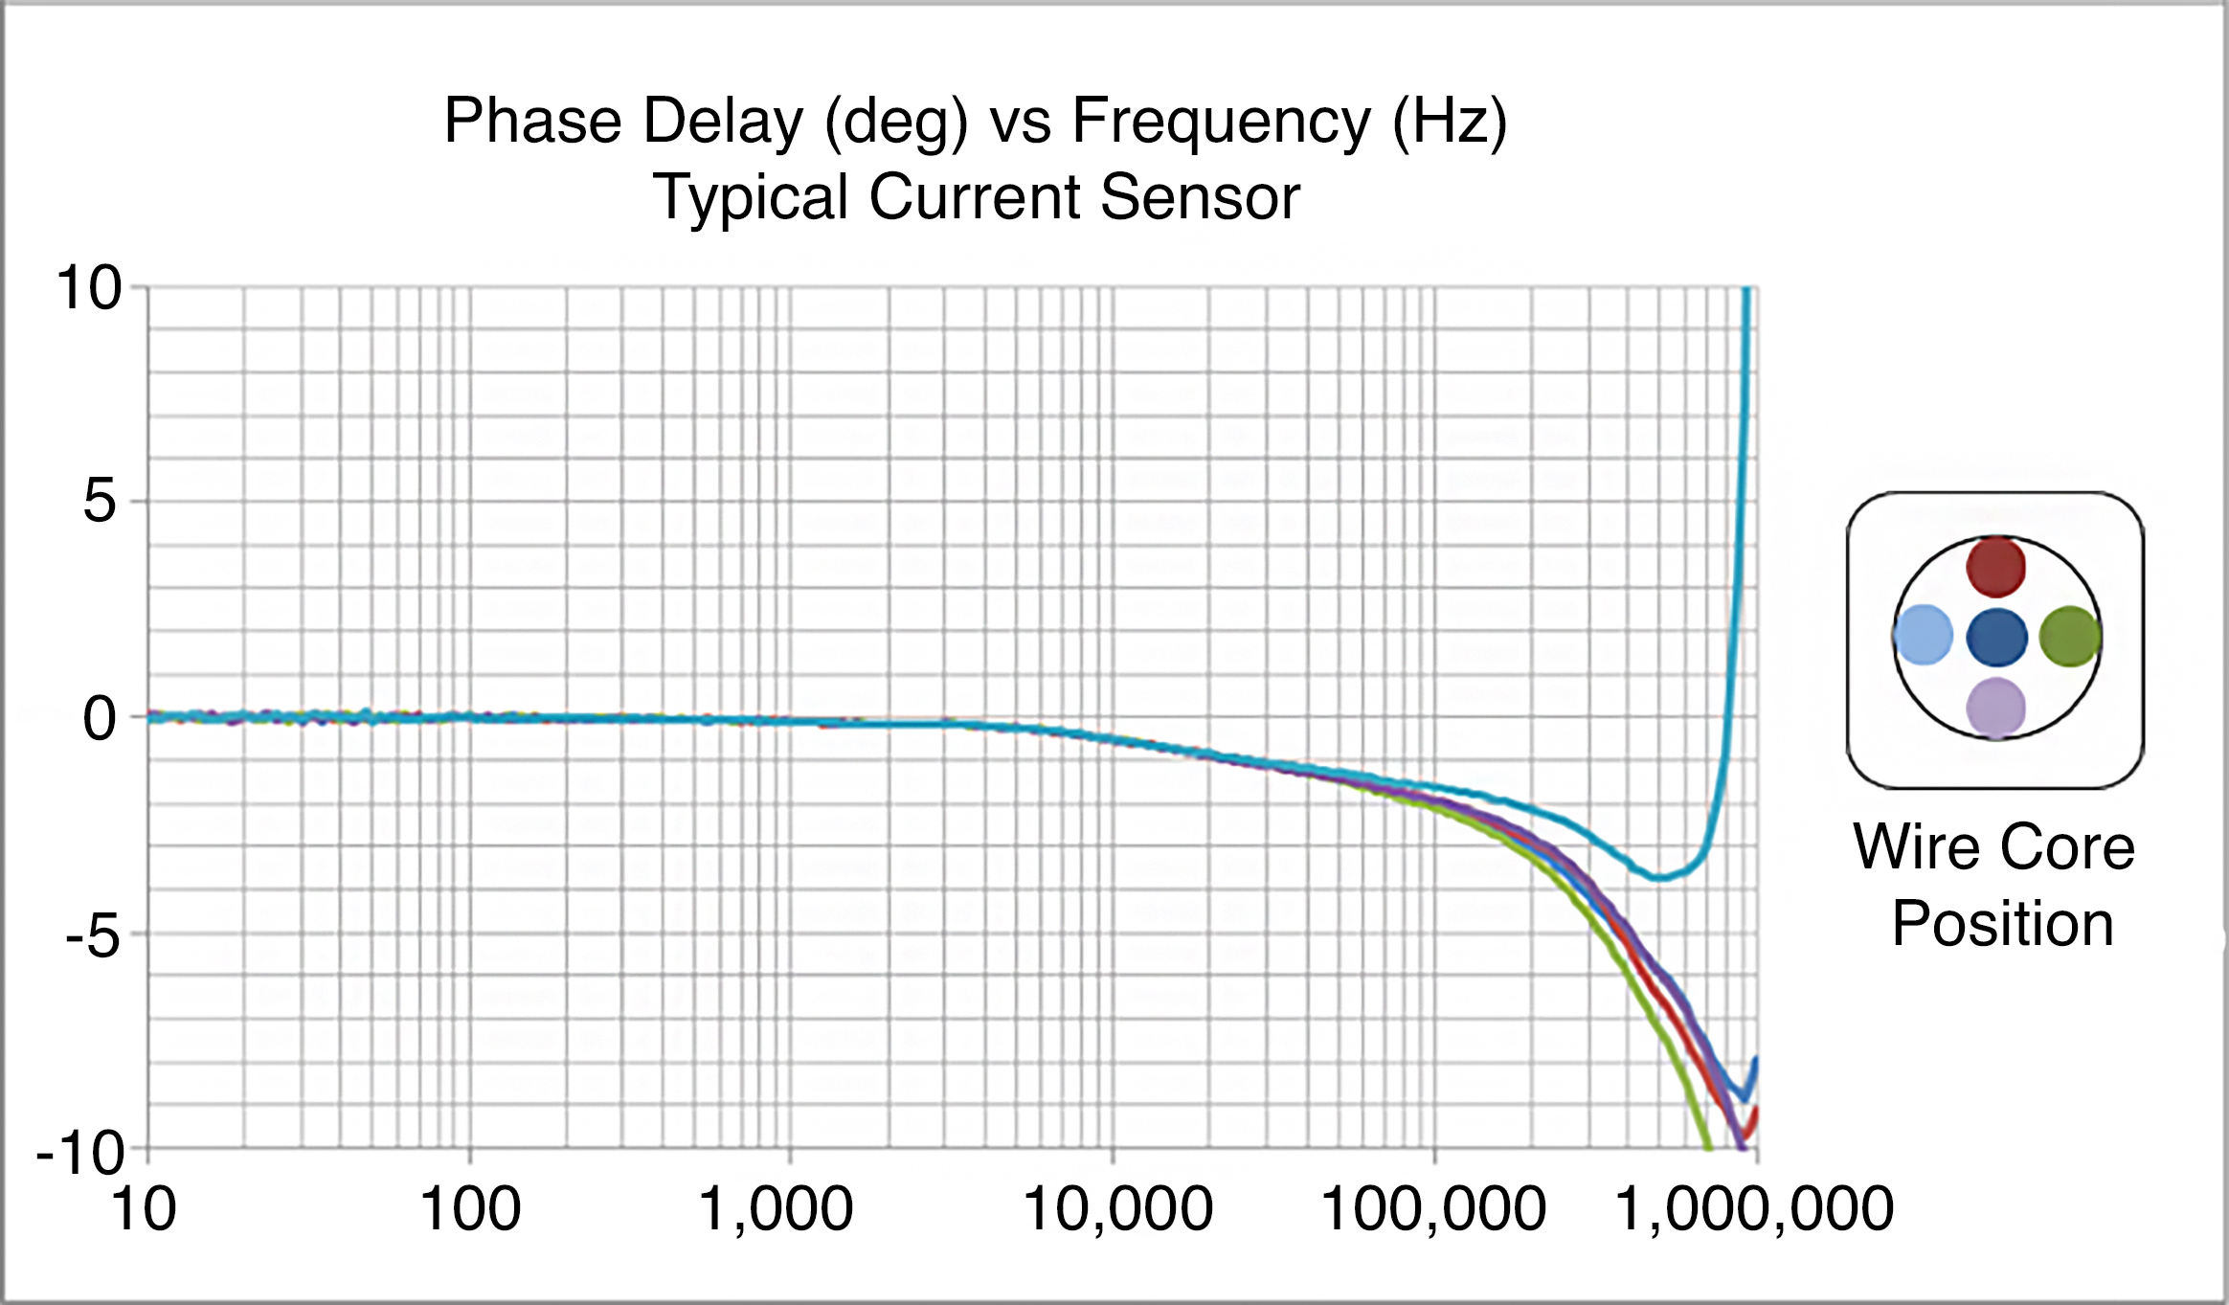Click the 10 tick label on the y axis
click(89, 287)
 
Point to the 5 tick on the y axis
click(100, 501)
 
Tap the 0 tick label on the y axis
click(100, 718)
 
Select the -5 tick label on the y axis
click(93, 935)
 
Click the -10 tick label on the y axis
click(80, 1153)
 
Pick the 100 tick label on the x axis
click(470, 1208)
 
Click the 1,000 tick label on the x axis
click(776, 1208)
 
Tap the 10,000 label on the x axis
click(1117, 1208)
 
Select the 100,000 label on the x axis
click(1433, 1208)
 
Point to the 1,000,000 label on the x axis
click(1754, 1208)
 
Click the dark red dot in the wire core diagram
click(1996, 566)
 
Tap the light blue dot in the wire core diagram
click(1924, 635)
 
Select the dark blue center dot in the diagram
click(1997, 637)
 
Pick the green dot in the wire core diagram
click(2070, 636)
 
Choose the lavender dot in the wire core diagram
click(1996, 708)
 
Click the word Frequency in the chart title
click(1221, 122)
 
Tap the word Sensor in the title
click(1200, 197)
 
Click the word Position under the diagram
click(2003, 924)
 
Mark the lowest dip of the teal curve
click(1661, 876)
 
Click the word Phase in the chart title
click(533, 122)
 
